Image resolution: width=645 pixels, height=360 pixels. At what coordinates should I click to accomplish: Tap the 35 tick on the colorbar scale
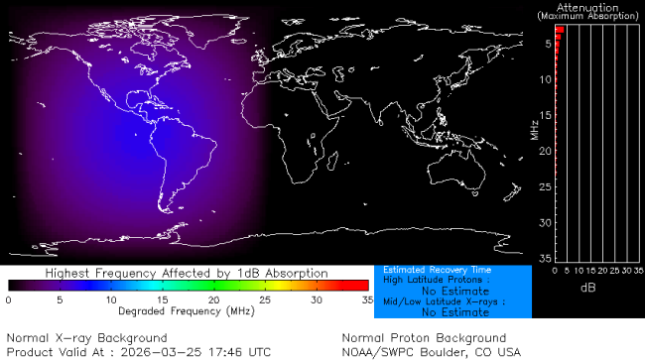(365, 299)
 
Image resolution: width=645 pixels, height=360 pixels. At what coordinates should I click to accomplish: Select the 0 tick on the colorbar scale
(9, 299)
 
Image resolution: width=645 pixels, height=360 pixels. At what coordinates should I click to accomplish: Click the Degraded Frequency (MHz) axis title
(187, 310)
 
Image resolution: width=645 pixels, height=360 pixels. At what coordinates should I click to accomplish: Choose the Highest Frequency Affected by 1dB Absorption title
(187, 272)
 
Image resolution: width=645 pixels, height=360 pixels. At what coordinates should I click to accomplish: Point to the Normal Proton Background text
(424, 338)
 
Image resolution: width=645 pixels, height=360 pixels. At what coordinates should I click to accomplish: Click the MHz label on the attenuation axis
(534, 129)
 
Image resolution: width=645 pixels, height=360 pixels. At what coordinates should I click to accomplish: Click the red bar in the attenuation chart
(559, 31)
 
